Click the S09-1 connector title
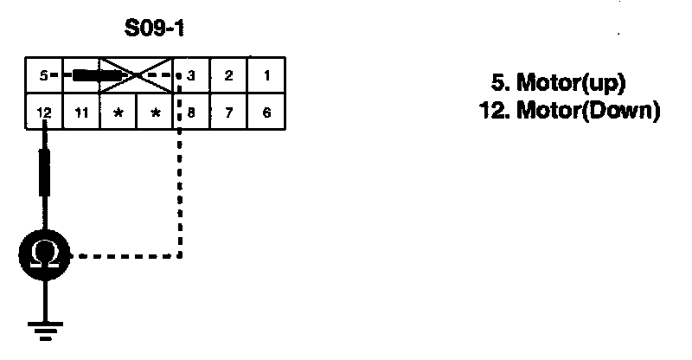coord(155,30)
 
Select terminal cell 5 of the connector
coord(42,75)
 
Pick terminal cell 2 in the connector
coord(228,75)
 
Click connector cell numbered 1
coord(266,75)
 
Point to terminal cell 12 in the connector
coord(43,112)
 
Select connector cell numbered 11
coord(80,112)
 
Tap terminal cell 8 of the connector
coord(191,112)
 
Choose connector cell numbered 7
coord(228,112)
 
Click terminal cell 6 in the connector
coord(266,112)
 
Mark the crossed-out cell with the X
coord(137,75)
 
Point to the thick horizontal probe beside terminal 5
coord(95,75)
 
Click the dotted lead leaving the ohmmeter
coord(130,256)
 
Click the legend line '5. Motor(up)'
coord(558,84)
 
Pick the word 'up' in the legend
coord(602,85)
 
